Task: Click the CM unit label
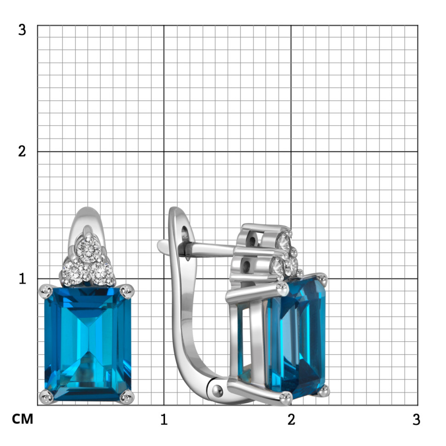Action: (23, 419)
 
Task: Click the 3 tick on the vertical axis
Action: (22, 29)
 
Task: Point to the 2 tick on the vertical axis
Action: (22, 151)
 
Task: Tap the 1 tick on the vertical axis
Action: (23, 279)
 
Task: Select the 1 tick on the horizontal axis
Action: (164, 419)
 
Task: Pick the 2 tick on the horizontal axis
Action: (291, 419)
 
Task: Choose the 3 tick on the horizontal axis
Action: (417, 419)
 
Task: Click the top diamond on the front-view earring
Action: (89, 250)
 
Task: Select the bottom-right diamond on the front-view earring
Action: (102, 274)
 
